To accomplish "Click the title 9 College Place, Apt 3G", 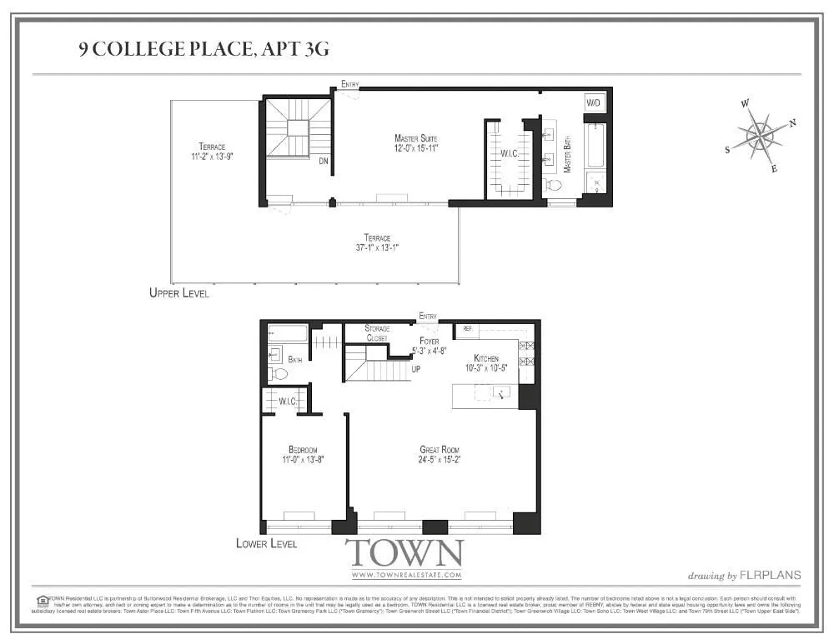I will pyautogui.click(x=203, y=49).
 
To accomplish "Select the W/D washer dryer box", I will pyautogui.click(x=594, y=103).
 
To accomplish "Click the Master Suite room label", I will pyautogui.click(x=416, y=142).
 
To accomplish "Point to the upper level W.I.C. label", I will pyautogui.click(x=510, y=153).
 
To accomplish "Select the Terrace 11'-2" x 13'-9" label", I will pyautogui.click(x=211, y=151).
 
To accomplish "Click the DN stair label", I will pyautogui.click(x=323, y=162).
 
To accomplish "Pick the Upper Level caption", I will pyautogui.click(x=178, y=293).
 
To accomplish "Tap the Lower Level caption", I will pyautogui.click(x=266, y=543).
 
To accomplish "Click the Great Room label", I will pyautogui.click(x=440, y=455).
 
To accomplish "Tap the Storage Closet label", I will pyautogui.click(x=377, y=333).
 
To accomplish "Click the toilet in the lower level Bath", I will pyautogui.click(x=279, y=374).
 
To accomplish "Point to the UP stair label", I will pyautogui.click(x=416, y=368).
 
